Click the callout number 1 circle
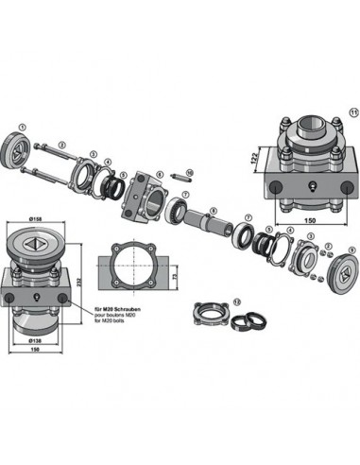click(22, 127)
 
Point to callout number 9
click(351, 250)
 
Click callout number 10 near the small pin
click(189, 173)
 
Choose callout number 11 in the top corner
click(353, 112)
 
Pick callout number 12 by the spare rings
click(237, 301)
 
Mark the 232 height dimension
click(81, 281)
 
